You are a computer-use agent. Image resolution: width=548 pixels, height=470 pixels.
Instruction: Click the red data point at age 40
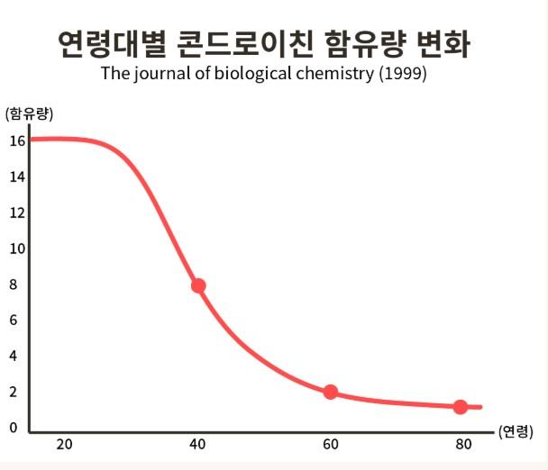(x=198, y=285)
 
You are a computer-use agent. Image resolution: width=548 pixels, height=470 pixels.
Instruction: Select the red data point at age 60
(x=331, y=392)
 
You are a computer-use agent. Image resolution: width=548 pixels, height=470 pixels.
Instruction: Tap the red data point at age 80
(x=461, y=407)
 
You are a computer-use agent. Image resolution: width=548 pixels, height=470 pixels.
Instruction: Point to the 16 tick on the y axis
(x=15, y=140)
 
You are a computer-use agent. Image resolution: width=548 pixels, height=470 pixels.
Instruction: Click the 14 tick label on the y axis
(x=15, y=176)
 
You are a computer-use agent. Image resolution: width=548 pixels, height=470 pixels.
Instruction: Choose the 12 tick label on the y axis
(x=15, y=212)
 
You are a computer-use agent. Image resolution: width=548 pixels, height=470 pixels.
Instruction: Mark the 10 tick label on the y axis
(x=15, y=249)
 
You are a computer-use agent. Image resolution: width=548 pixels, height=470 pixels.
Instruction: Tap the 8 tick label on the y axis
(x=14, y=285)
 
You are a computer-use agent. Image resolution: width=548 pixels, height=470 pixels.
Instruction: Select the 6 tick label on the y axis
(x=14, y=320)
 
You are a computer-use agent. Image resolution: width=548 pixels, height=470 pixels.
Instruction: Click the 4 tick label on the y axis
(x=14, y=356)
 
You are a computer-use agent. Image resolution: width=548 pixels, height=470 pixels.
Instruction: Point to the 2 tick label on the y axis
(x=14, y=392)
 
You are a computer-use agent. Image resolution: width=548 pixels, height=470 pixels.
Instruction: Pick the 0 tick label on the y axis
(x=14, y=428)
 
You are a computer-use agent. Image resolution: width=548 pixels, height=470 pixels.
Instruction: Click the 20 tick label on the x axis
(x=64, y=445)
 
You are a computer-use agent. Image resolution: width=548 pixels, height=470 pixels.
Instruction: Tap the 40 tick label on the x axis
(x=197, y=445)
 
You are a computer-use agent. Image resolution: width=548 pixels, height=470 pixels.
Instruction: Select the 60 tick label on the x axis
(x=330, y=445)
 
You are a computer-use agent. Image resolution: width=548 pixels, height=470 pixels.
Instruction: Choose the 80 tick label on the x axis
(x=463, y=445)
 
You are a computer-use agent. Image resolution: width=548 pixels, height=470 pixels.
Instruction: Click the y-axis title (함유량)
(x=30, y=113)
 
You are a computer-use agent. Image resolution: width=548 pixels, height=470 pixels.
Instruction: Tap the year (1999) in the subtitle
(x=402, y=73)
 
